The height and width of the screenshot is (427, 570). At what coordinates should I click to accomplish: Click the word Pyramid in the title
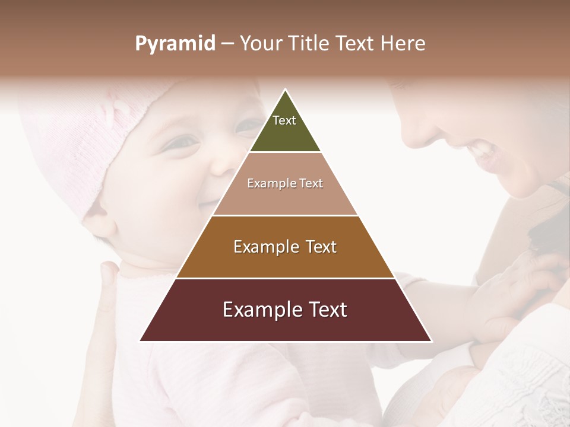(175, 44)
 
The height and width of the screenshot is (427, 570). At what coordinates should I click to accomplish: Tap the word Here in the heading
(403, 44)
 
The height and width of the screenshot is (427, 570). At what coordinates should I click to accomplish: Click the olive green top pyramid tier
(285, 133)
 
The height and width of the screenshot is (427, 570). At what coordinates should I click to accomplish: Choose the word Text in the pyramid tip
(284, 120)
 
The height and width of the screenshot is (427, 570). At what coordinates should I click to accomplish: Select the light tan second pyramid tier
(285, 199)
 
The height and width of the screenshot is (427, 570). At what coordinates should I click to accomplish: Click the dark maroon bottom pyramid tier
(285, 326)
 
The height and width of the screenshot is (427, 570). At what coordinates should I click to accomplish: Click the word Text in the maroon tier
(325, 310)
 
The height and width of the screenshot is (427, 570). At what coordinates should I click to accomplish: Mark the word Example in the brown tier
(264, 247)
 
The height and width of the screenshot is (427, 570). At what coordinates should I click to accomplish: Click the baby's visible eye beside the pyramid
(181, 142)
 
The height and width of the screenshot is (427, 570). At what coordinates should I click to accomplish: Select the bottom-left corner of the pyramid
(141, 340)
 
